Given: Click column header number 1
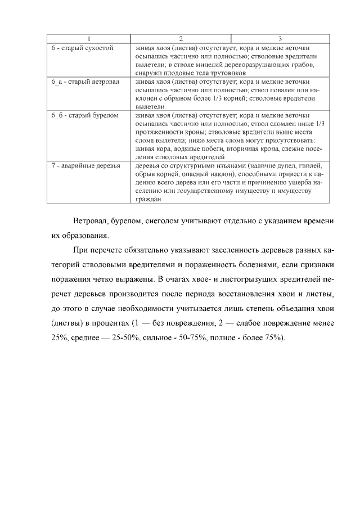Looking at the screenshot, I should click(88, 39).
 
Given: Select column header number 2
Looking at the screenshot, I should click(181, 39).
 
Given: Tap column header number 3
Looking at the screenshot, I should click(280, 39).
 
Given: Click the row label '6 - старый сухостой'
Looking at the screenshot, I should click(82, 48).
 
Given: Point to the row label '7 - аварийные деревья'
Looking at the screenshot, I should click(85, 166).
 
